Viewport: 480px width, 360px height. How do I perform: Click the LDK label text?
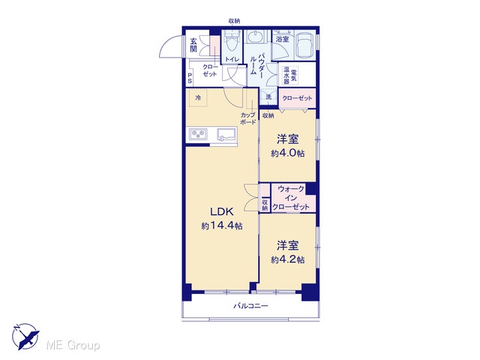pos(222,211)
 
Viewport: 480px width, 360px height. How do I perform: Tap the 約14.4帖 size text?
pos(222,226)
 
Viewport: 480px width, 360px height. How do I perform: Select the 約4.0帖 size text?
pos(287,153)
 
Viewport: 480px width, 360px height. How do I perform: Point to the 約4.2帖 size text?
pos(287,259)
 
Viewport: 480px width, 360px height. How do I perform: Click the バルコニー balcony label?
pos(251,305)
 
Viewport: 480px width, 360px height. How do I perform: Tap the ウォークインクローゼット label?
pos(291,198)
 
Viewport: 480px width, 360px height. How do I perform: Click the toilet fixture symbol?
pos(232,43)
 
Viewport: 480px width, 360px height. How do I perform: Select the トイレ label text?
pos(232,59)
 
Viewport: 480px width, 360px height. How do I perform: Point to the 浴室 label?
pos(282,39)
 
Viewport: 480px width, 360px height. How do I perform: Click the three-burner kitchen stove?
pos(198,133)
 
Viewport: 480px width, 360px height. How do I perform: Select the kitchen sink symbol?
pos(226,134)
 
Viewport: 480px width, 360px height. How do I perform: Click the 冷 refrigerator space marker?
pos(198,98)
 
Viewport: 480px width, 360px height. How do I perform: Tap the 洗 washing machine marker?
pos(268,97)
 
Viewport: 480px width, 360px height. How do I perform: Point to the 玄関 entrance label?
pos(193,45)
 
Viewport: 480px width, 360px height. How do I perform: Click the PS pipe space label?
pos(190,78)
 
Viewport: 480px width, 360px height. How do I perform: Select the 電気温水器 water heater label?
pos(290,75)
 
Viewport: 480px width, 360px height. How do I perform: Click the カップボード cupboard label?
pos(248,118)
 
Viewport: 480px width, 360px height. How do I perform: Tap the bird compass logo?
pos(25,336)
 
